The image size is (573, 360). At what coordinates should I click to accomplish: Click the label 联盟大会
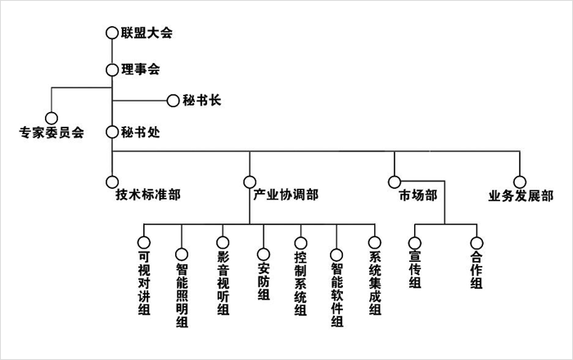pos(147,33)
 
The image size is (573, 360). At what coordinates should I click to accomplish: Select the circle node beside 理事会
pos(112,70)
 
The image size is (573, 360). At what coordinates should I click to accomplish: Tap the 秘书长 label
pos(201,101)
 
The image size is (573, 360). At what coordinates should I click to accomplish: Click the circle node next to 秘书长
pos(173,101)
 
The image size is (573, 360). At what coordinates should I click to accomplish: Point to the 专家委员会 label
pos(52,131)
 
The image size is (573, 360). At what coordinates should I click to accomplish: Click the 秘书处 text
pos(140,131)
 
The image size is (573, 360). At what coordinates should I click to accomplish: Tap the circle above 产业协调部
pos(249,182)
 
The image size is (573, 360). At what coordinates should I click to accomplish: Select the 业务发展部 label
pos(521,196)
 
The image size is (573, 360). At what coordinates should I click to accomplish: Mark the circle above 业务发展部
pos(519,182)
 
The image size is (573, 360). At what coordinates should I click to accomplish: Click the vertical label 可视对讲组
pos(144,281)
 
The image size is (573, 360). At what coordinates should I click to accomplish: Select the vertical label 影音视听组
pos(222,281)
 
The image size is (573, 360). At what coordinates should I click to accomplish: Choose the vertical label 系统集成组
pos(375,281)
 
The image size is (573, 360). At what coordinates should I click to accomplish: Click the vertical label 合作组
pos(476,269)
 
